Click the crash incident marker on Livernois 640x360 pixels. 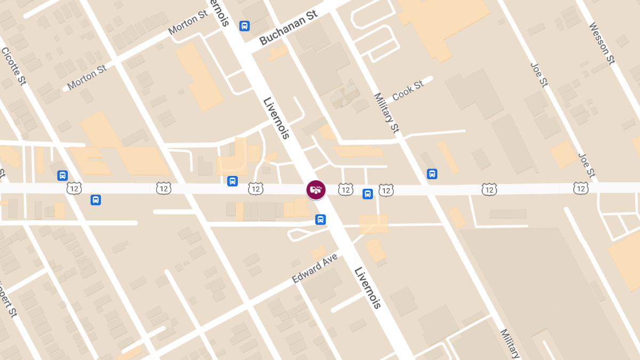[x=316, y=190]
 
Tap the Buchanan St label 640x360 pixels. [x=289, y=28]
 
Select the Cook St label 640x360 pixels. [x=408, y=90]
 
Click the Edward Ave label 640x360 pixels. [x=315, y=268]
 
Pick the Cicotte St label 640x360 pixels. [x=13, y=66]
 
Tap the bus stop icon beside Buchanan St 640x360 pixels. [x=244, y=26]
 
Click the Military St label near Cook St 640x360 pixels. [x=387, y=113]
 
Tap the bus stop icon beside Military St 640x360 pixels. [x=432, y=174]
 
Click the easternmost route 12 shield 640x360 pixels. [x=581, y=188]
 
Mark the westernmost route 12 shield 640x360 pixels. [x=74, y=188]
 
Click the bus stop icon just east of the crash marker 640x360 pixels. [x=367, y=194]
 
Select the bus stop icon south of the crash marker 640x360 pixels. [x=320, y=219]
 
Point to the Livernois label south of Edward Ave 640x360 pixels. [x=368, y=287]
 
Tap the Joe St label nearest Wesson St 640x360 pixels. [x=539, y=75]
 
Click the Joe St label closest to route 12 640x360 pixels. [x=587, y=165]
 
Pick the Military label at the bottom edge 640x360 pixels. [x=509, y=343]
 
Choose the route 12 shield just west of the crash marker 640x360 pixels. [x=255, y=189]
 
